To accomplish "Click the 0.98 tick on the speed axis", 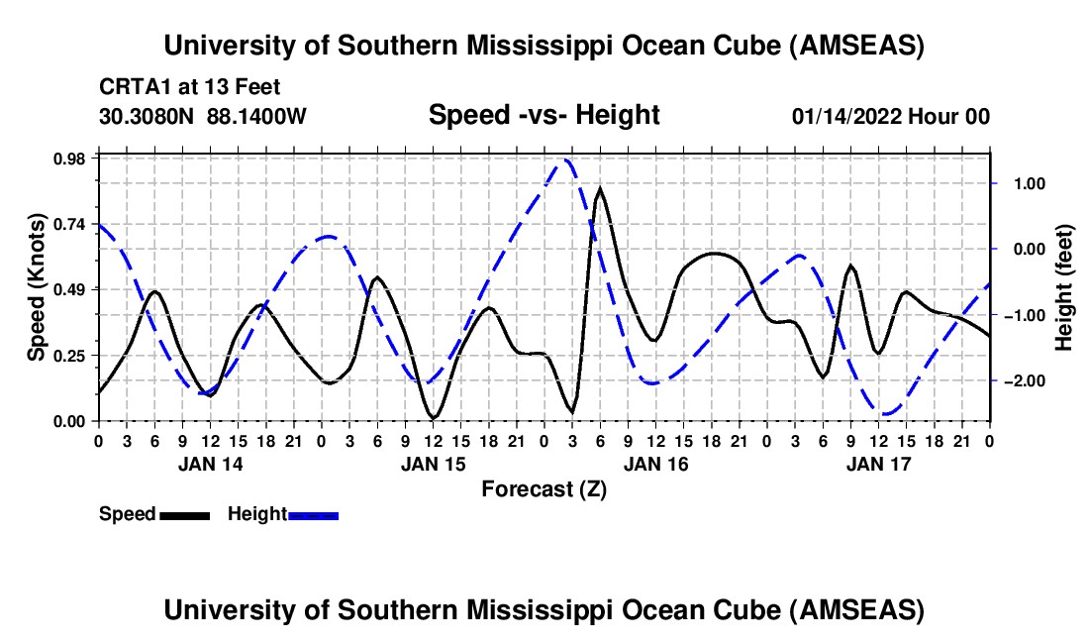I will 73,158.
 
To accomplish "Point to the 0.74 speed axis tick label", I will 73,223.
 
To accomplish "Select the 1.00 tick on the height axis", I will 1021,183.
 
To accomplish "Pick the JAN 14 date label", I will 209,464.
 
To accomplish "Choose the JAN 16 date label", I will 655,464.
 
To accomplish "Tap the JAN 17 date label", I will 878,464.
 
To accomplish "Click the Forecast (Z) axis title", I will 544,488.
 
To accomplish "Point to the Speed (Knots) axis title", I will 37,287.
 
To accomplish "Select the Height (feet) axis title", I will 1064,287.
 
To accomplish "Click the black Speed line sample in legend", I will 184,514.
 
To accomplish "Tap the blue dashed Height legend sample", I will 313,514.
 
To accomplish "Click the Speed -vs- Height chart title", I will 544,116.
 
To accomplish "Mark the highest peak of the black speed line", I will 600,187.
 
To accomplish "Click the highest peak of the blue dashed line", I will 566,160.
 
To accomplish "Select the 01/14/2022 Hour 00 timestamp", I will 890,117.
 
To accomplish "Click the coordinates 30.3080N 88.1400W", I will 203,117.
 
